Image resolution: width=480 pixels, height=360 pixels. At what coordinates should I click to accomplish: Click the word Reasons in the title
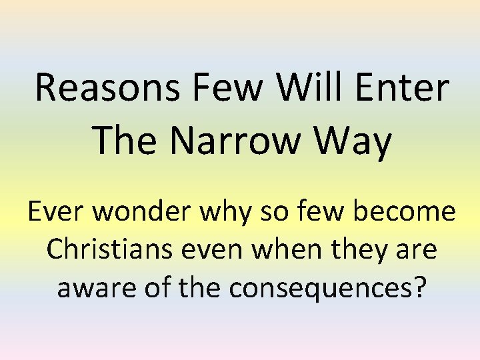pyautogui.click(x=106, y=88)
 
